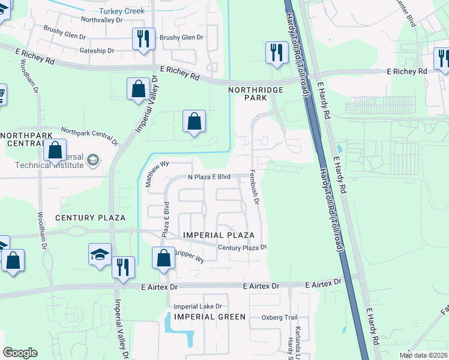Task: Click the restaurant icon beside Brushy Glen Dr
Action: pos(143,39)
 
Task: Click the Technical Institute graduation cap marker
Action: pos(92,160)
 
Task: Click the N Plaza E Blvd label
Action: pos(209,177)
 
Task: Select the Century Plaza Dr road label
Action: pos(241,247)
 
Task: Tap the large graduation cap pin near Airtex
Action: pos(100,254)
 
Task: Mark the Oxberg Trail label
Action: pos(280,317)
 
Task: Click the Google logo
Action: pos(20,353)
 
